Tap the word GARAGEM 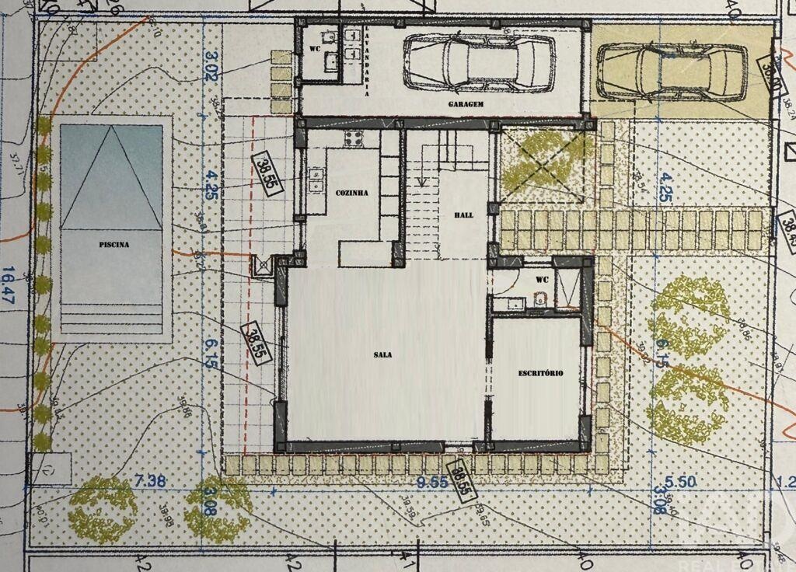[x=466, y=103]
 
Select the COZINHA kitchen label [x=351, y=193]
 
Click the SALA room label [x=382, y=354]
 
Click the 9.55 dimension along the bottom [x=432, y=482]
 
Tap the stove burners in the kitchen [x=354, y=140]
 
